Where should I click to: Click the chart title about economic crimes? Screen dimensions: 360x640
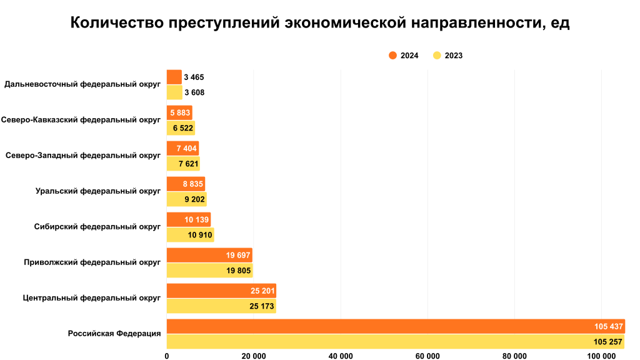click(x=320, y=23)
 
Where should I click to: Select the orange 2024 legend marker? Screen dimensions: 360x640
click(x=392, y=55)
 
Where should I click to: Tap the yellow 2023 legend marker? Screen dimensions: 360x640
click(x=437, y=55)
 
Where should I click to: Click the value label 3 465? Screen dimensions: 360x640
click(x=194, y=77)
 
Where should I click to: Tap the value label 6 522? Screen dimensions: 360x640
click(x=182, y=128)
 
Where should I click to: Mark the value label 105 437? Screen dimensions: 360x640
click(x=609, y=326)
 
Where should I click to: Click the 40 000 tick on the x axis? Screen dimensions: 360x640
click(x=341, y=356)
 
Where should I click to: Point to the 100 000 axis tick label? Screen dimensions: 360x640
click(x=601, y=356)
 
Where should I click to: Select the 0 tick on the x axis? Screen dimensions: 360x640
click(x=167, y=356)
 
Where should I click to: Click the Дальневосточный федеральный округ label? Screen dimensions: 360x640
click(x=82, y=84)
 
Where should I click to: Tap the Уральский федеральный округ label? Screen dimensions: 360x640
click(x=98, y=191)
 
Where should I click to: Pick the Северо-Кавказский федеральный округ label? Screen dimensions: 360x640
click(x=81, y=119)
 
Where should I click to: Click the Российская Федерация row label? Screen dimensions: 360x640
click(x=114, y=333)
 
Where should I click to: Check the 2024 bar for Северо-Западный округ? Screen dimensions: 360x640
click(x=182, y=149)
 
